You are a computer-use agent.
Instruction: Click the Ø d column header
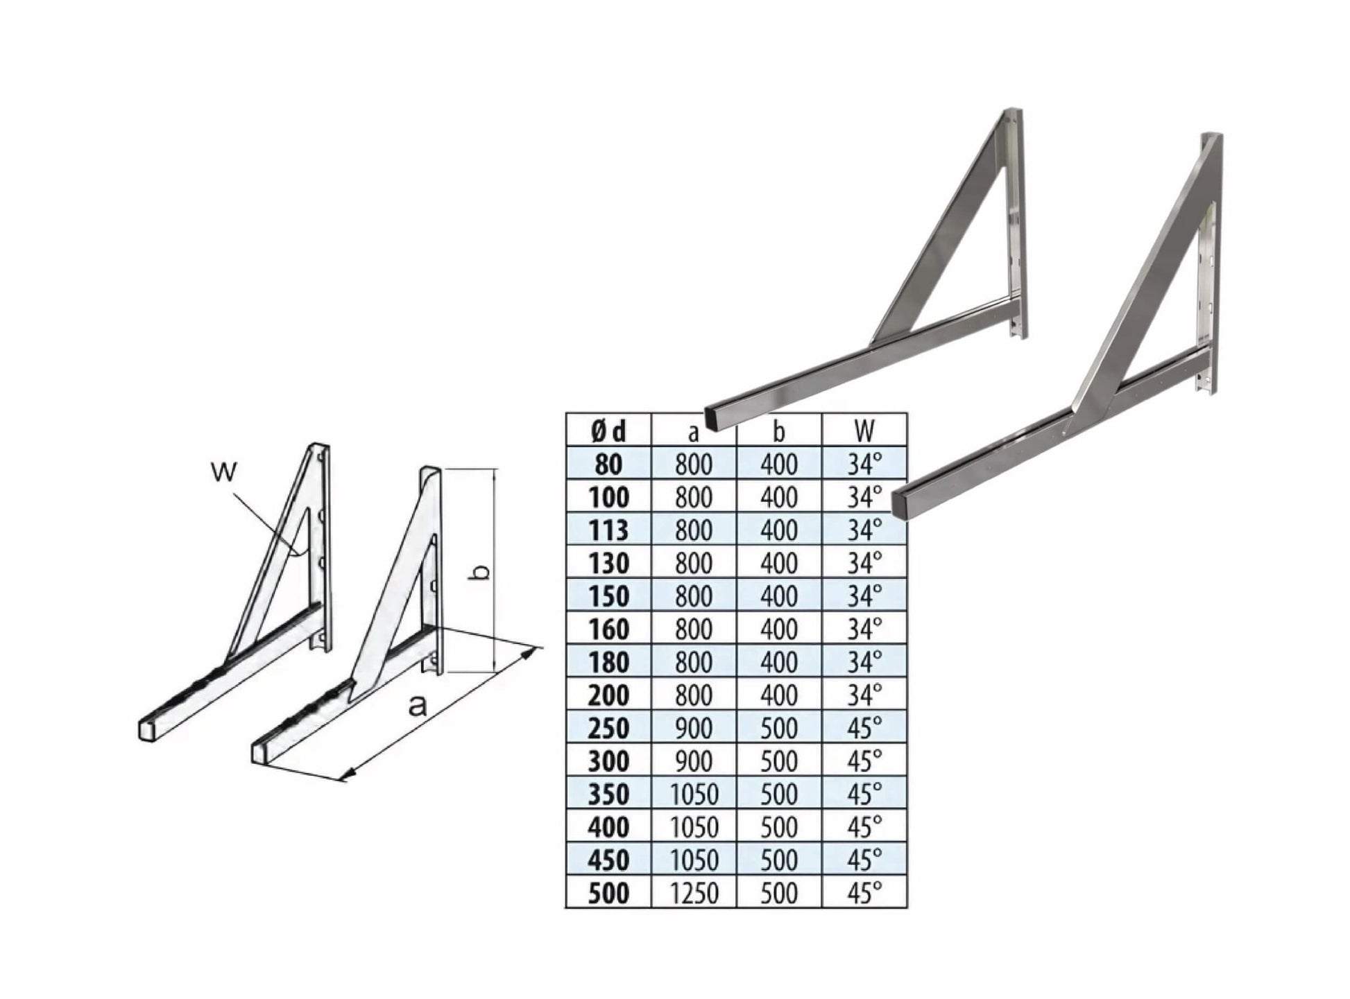[x=608, y=431]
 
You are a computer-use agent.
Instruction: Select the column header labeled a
[x=693, y=433]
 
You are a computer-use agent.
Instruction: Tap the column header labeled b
[x=779, y=431]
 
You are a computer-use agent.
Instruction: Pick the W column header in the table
[x=864, y=431]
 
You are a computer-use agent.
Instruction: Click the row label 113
[x=608, y=530]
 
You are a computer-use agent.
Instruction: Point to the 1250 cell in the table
[x=694, y=894]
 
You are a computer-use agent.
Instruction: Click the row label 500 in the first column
[x=608, y=894]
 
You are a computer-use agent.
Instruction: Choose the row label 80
[x=608, y=464]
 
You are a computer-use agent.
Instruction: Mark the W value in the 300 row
[x=864, y=761]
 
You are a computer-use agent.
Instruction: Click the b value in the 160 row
[x=779, y=629]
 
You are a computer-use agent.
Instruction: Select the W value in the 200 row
[x=864, y=695]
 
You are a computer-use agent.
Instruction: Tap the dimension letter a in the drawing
[x=417, y=706]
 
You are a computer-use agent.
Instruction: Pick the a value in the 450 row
[x=694, y=860]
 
